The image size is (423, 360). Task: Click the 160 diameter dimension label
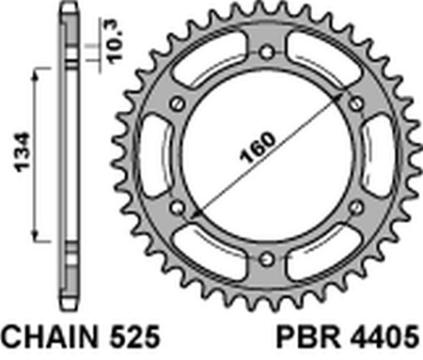[x=258, y=148]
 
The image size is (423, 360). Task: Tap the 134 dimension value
[x=23, y=153]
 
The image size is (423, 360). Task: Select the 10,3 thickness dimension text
[x=115, y=41]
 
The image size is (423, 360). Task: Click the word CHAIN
[x=50, y=337]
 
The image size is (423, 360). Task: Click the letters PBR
[x=308, y=337]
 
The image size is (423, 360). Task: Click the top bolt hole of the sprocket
[x=267, y=53]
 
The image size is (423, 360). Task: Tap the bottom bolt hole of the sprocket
[x=267, y=259]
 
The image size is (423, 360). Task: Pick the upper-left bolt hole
[x=178, y=104]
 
